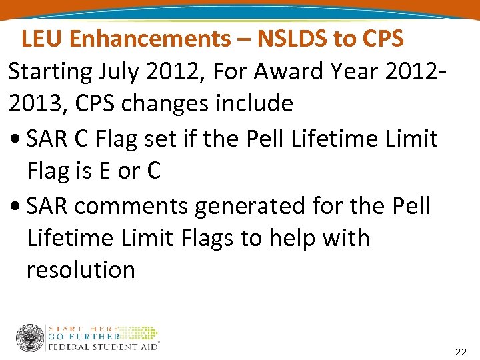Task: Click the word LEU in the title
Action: [x=42, y=39]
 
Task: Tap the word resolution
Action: [x=81, y=270]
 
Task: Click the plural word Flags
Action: [x=210, y=238]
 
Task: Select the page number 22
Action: [x=461, y=351]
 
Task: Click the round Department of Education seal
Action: [x=30, y=338]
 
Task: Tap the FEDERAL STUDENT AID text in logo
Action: [x=103, y=347]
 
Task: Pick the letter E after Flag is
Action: [x=103, y=171]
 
